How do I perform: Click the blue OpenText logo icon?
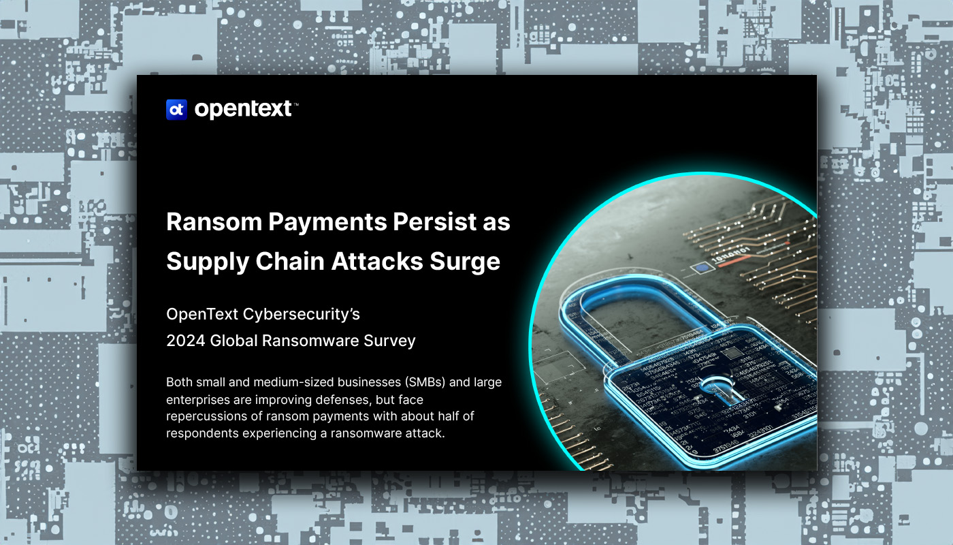coord(176,109)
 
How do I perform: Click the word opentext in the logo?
coord(243,109)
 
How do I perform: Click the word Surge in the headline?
coord(468,262)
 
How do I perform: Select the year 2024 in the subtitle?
coord(186,341)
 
